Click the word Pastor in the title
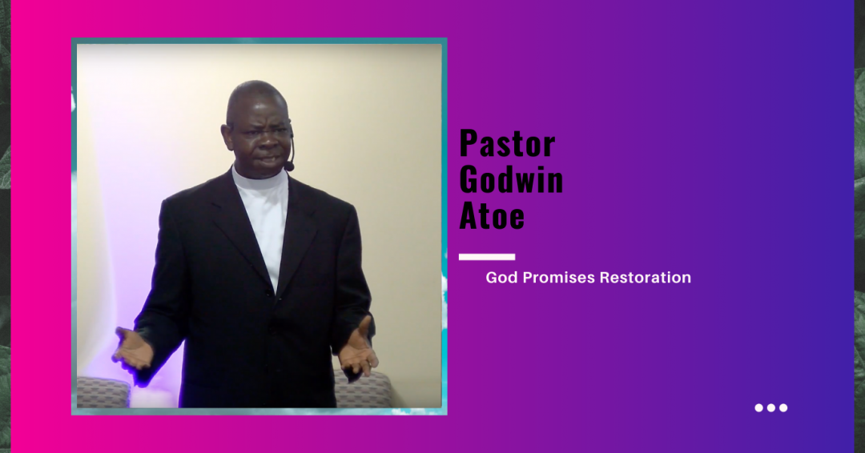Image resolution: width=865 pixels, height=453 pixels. [x=507, y=144]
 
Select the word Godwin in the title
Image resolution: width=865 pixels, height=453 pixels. [x=511, y=180]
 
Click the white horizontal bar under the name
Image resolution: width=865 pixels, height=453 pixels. [x=487, y=257]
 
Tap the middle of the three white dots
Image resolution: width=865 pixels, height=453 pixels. [x=771, y=407]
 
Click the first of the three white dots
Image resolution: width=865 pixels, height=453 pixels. [x=759, y=407]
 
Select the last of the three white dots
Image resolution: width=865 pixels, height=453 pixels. [x=783, y=407]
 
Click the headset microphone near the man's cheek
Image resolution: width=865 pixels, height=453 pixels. [x=289, y=166]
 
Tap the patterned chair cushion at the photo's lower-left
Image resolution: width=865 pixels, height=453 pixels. [x=102, y=392]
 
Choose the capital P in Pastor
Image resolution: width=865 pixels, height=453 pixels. [x=469, y=144]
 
